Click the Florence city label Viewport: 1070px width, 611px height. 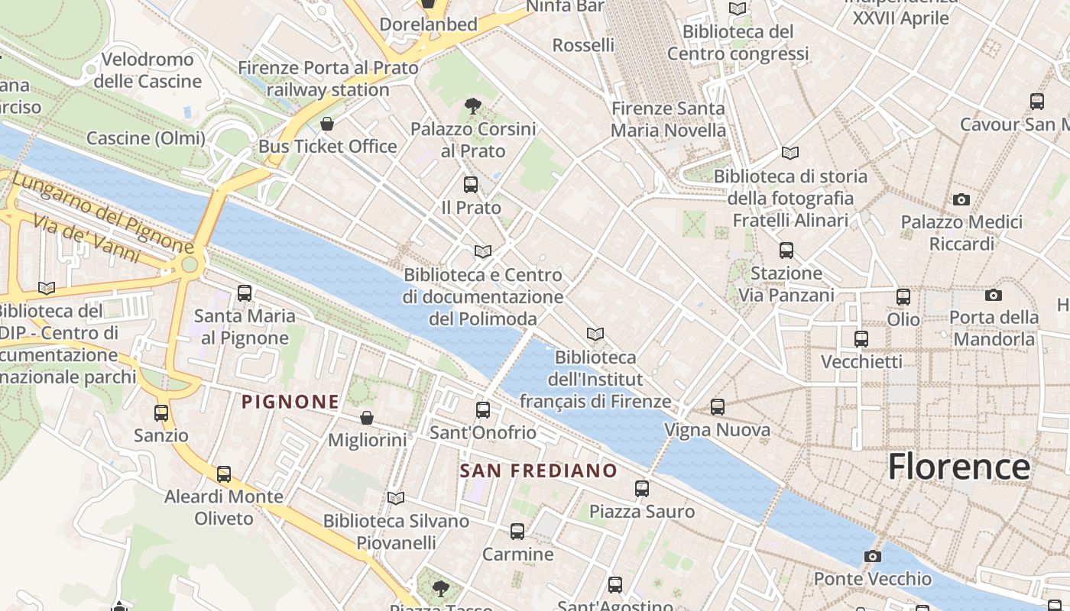click(959, 467)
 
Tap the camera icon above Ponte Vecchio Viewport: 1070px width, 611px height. click(873, 556)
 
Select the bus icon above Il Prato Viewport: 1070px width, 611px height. click(471, 184)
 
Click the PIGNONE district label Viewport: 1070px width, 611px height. click(290, 402)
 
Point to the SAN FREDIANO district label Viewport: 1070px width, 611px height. click(539, 470)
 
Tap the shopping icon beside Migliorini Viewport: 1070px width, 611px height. click(367, 418)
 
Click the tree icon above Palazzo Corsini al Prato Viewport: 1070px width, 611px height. click(473, 106)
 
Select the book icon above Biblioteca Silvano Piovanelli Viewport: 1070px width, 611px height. click(396, 499)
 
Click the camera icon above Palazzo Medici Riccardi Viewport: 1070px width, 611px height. click(961, 200)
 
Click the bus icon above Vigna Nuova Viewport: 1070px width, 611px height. click(718, 407)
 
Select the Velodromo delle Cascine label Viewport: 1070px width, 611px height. click(147, 70)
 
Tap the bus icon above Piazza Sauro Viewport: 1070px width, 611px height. click(642, 488)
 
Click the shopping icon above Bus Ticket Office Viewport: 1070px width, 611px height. click(327, 124)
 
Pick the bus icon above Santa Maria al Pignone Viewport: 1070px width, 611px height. click(245, 293)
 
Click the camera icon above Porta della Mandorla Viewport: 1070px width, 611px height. click(994, 295)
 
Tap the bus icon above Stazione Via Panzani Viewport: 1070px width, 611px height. click(786, 251)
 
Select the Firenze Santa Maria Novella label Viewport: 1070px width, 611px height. click(668, 119)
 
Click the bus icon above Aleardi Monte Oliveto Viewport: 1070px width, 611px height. click(224, 474)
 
